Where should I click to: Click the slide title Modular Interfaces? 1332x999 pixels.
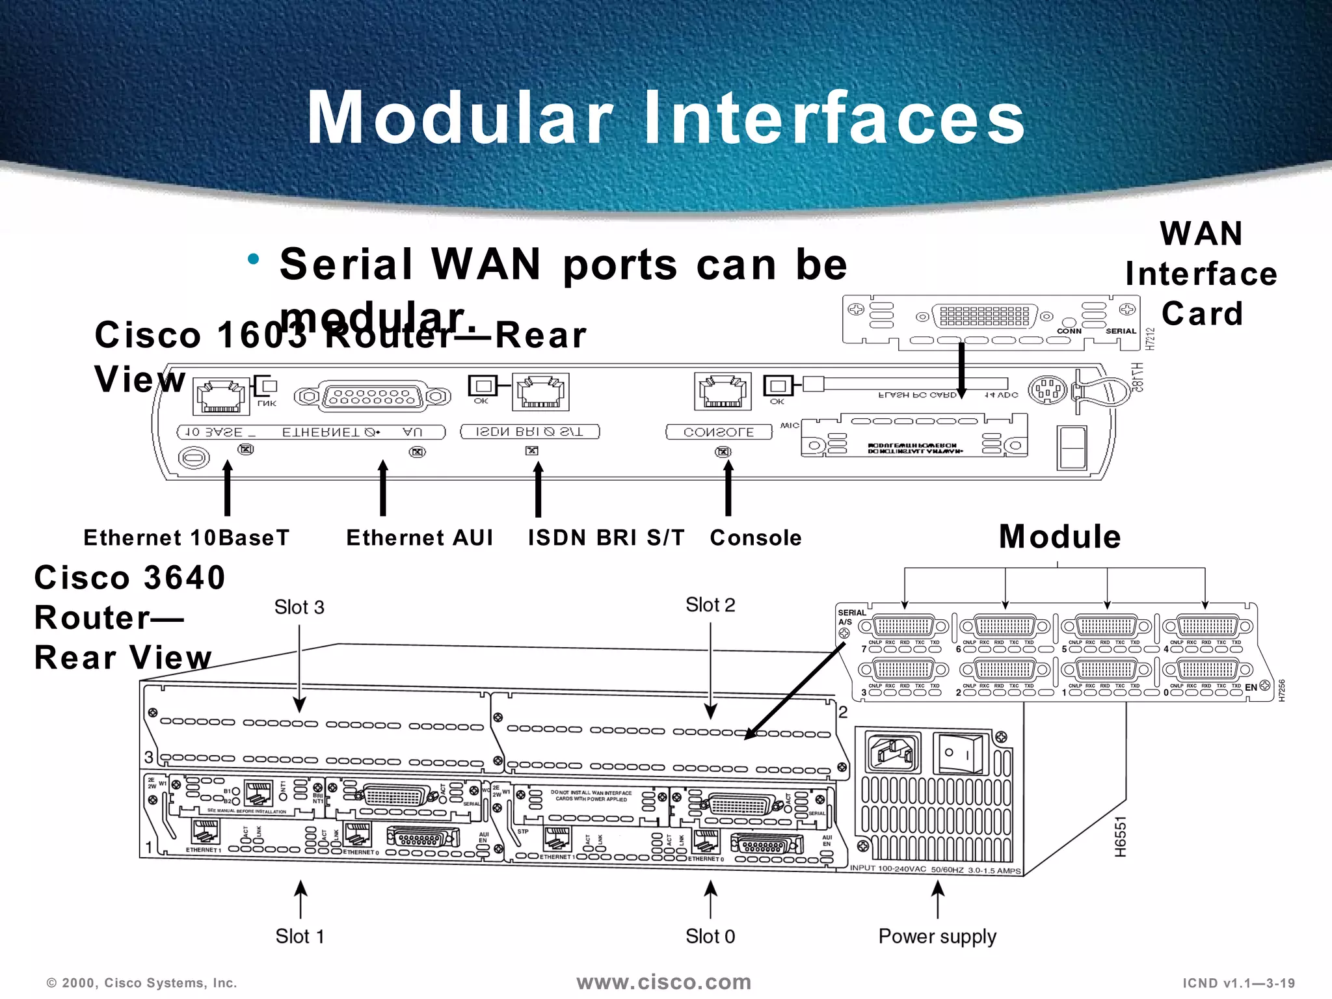click(x=665, y=118)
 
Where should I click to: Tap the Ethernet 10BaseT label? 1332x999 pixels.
click(x=186, y=538)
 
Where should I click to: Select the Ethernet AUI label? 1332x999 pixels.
click(x=420, y=538)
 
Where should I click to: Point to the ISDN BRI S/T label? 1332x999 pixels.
click(x=606, y=538)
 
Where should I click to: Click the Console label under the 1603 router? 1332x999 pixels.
click(x=756, y=538)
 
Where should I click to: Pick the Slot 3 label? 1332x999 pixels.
click(x=299, y=607)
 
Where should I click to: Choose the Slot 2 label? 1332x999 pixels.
click(x=710, y=605)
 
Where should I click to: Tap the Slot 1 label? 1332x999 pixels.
click(x=299, y=937)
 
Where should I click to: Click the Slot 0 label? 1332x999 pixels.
click(x=710, y=937)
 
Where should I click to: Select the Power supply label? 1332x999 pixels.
click(x=937, y=937)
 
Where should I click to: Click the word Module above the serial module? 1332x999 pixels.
click(x=1060, y=537)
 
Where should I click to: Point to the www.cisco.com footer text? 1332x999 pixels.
click(x=663, y=982)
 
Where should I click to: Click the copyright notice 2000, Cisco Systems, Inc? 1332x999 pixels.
click(x=142, y=983)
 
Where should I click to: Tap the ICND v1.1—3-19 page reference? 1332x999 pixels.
click(x=1238, y=983)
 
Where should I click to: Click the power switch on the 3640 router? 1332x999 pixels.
click(x=958, y=753)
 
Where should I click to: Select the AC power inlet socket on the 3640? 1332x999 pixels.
click(x=893, y=753)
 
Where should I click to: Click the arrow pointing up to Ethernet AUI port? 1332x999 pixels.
click(x=383, y=488)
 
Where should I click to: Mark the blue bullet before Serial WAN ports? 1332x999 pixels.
click(x=254, y=260)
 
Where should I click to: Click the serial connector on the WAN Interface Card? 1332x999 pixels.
click(x=984, y=317)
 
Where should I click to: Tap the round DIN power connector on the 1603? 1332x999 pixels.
click(x=1046, y=390)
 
